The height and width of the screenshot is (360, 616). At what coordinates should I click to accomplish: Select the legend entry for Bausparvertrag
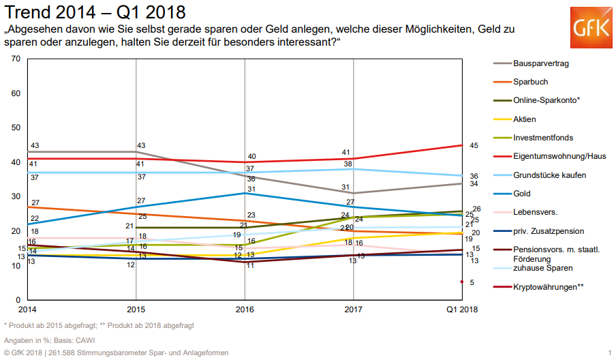tap(541, 63)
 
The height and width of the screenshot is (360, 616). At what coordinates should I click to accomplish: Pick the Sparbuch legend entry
tap(530, 82)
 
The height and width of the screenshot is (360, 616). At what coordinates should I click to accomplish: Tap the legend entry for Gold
tap(523, 194)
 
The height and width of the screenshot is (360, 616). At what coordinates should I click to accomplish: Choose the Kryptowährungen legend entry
tap(548, 286)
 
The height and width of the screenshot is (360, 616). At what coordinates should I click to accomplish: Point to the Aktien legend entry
tap(525, 119)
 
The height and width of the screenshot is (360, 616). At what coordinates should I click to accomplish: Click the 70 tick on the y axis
tap(15, 59)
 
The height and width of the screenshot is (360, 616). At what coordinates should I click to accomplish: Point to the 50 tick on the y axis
tap(15, 127)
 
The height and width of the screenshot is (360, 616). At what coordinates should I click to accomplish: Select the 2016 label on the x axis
tap(245, 309)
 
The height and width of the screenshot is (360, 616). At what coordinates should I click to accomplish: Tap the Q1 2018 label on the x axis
tap(461, 309)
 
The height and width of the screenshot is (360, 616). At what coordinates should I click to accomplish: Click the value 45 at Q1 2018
tap(474, 145)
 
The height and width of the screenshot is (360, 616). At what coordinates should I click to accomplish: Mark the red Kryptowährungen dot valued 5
tap(462, 282)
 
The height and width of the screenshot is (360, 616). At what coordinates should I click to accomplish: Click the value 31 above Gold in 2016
tap(251, 189)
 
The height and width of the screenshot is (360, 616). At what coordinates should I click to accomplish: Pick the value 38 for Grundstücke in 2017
tap(348, 164)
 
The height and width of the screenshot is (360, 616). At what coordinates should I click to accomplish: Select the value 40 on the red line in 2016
tap(251, 156)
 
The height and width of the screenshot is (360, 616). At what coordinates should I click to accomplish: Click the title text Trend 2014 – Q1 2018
tap(95, 12)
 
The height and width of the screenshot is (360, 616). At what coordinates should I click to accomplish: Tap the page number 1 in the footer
tap(609, 352)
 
